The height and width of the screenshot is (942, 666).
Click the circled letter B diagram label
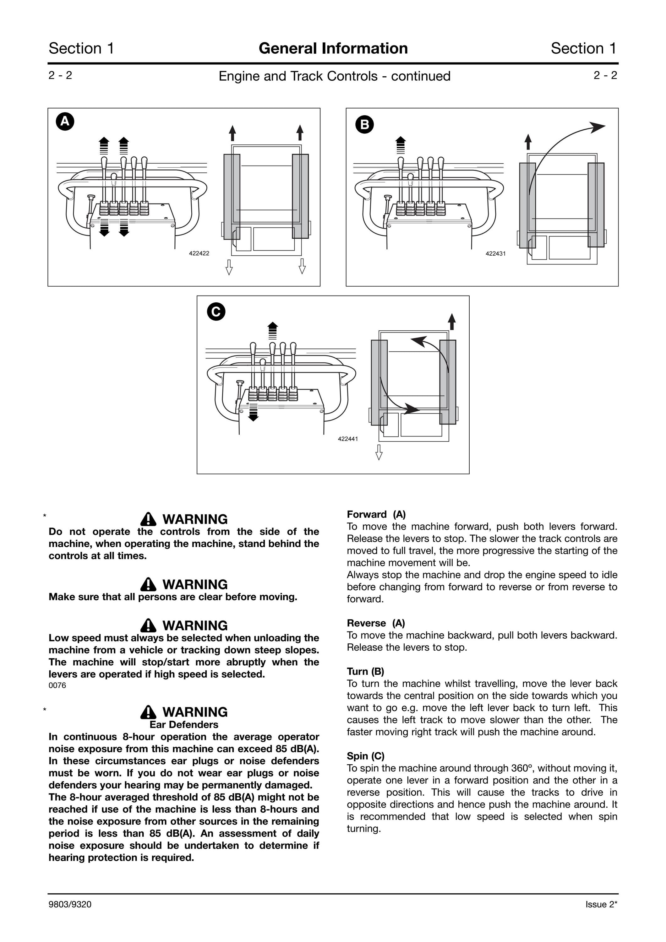point(364,124)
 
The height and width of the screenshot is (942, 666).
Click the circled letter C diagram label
point(216,312)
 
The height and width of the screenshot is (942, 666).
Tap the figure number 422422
point(199,253)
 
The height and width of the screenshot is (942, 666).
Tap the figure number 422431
point(496,253)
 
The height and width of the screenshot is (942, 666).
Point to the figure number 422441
point(348,439)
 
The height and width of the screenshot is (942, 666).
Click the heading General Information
point(333,48)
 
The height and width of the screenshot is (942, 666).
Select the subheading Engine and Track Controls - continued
point(335,76)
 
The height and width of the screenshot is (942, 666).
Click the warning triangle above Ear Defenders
point(148,712)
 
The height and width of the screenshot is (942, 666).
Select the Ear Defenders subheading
point(184,724)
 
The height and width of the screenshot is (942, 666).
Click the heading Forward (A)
point(376,515)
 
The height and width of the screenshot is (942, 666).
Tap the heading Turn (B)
point(365,672)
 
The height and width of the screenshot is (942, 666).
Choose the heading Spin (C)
point(366,756)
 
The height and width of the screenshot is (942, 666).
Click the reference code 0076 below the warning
point(57,685)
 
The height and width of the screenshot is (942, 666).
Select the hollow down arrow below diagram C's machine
point(379,452)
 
